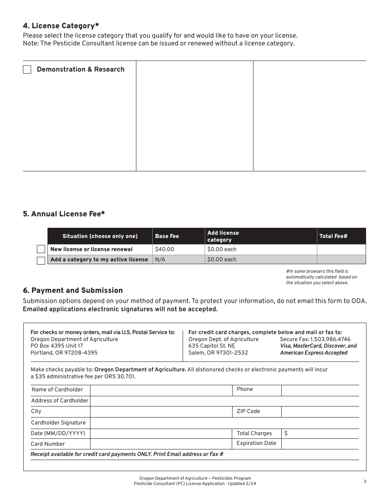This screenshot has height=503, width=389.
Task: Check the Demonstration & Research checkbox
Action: [27, 70]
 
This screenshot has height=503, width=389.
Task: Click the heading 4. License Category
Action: [61, 26]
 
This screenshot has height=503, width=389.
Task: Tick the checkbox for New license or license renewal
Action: [41, 249]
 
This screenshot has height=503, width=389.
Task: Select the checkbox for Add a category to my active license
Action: [41, 260]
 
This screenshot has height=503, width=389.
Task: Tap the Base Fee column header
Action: [167, 236]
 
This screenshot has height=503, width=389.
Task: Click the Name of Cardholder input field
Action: [161, 390]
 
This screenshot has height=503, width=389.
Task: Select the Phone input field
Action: [320, 390]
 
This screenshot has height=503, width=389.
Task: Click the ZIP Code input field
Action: [320, 411]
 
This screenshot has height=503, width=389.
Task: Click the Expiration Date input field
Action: [320, 444]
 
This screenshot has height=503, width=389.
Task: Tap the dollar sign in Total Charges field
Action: [286, 433]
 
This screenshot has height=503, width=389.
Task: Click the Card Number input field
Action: [161, 444]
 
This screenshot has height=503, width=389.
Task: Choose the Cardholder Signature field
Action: [224, 423]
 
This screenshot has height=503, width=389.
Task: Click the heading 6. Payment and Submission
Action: [73, 290]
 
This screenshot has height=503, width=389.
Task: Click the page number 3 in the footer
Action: [364, 481]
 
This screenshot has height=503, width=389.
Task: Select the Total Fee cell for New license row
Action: [341, 249]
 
